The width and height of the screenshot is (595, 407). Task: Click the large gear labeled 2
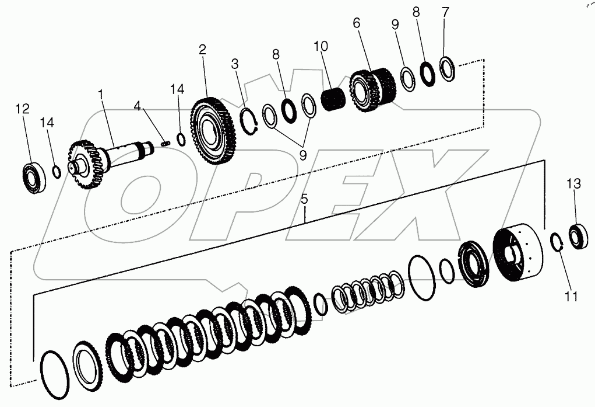coord(212,132)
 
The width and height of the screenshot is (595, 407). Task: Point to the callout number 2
coord(202,50)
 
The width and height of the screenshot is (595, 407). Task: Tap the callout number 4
coord(137,106)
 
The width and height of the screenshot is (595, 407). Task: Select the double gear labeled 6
coord(373,90)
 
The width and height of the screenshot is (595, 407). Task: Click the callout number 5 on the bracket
coord(304,199)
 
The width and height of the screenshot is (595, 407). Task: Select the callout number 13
coord(574,184)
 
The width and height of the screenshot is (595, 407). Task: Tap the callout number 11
coord(571,297)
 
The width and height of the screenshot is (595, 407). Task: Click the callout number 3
coord(235,64)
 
